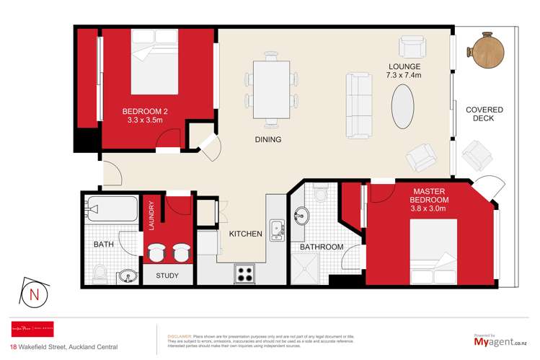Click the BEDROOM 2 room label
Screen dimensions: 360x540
click(144, 115)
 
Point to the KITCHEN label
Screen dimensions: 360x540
click(244, 234)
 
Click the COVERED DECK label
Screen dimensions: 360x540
click(484, 114)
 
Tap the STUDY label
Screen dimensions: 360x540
click(167, 275)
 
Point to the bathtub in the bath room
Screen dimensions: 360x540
click(111, 210)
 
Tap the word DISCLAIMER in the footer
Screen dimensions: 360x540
click(179, 336)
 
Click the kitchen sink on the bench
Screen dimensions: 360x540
click(275, 230)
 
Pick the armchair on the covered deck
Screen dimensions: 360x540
click(476, 153)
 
